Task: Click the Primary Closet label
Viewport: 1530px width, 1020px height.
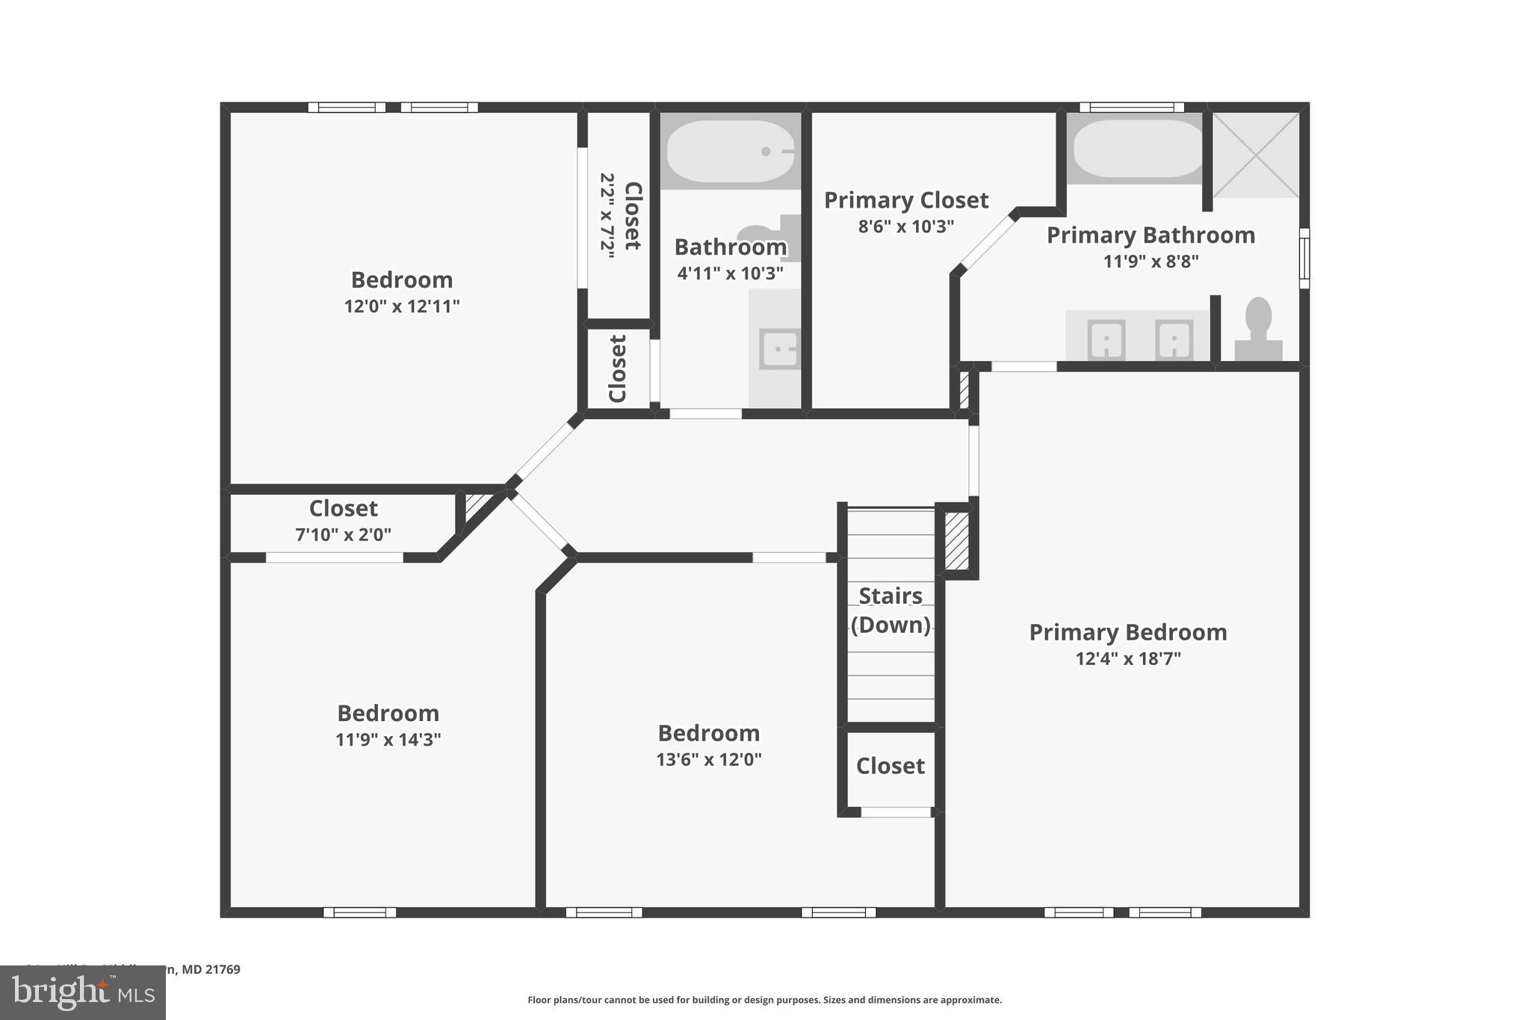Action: point(905,200)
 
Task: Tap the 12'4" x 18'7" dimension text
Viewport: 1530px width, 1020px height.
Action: point(1127,659)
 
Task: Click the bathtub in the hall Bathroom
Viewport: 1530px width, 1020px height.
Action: point(730,151)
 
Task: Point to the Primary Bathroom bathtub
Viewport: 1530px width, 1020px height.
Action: point(1134,148)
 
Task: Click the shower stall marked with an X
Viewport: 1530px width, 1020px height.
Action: point(1255,155)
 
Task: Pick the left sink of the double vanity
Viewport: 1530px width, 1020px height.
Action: point(1106,339)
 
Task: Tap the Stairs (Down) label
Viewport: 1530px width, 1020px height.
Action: point(891,611)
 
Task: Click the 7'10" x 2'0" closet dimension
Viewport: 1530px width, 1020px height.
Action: point(343,535)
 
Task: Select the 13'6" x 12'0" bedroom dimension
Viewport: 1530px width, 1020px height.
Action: point(708,760)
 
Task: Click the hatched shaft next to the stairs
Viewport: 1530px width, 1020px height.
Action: point(956,540)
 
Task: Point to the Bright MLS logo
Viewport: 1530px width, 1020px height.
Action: point(82,993)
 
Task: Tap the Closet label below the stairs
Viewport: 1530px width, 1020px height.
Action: point(890,766)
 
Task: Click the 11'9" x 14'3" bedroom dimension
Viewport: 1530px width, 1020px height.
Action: point(388,740)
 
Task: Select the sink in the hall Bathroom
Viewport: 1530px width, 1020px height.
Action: point(780,349)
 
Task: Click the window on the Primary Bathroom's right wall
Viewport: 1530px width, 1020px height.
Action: point(1304,258)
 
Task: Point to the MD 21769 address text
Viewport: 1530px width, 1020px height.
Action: point(211,970)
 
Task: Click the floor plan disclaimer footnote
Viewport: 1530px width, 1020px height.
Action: point(764,1000)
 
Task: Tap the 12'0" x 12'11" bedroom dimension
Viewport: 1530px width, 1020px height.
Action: point(401,306)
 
